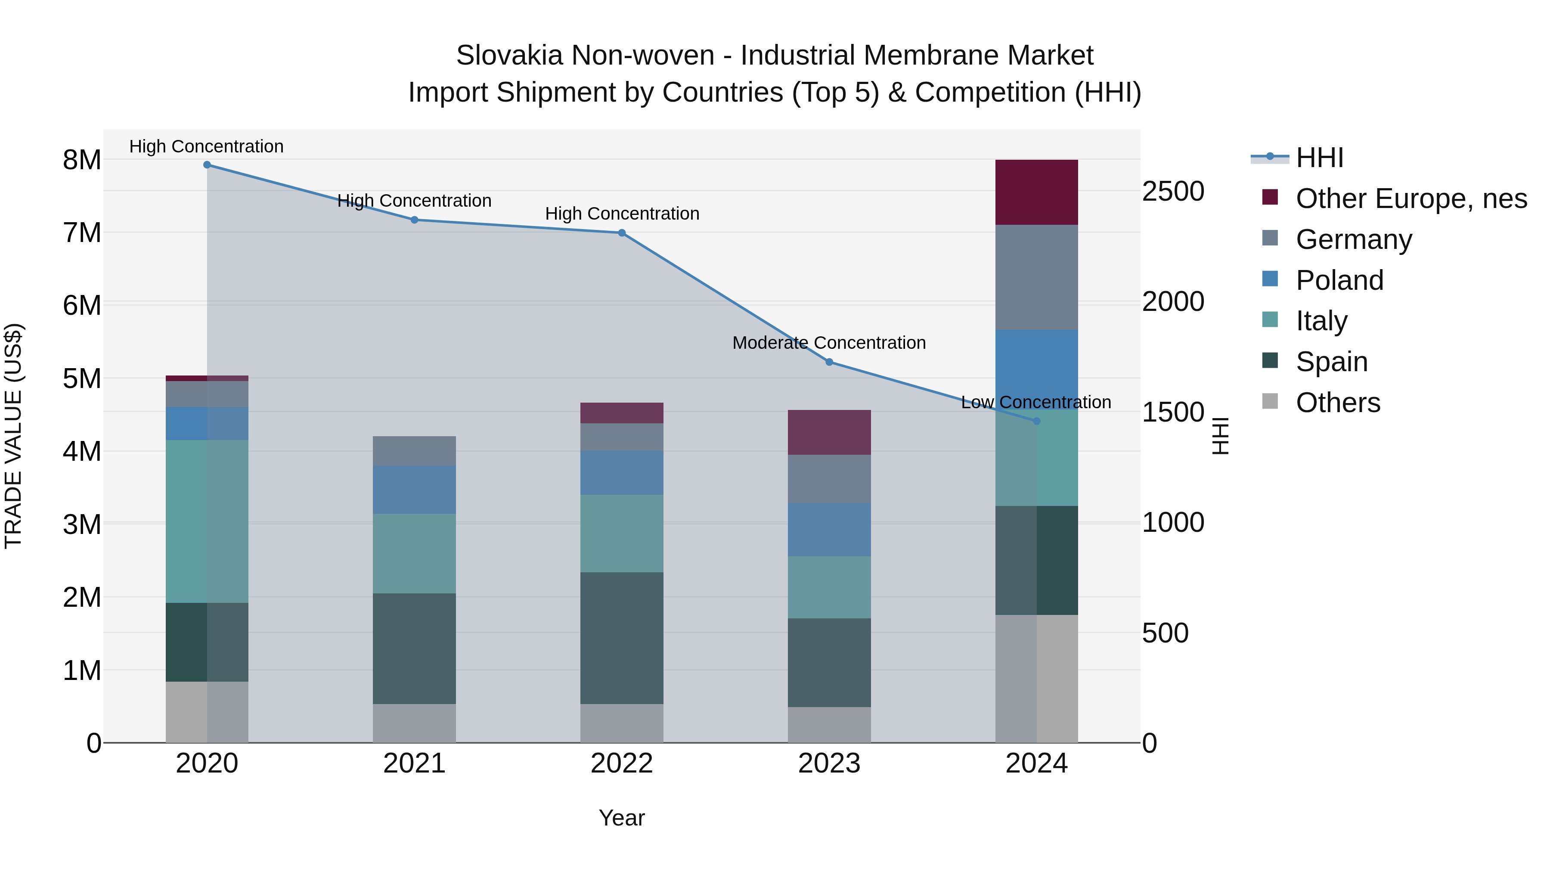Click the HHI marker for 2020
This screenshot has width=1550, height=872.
point(207,165)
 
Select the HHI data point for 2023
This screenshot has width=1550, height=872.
point(829,362)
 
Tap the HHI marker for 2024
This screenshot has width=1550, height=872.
point(1036,421)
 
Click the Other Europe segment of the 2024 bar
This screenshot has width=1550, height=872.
point(1036,192)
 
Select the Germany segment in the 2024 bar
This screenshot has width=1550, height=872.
point(1036,277)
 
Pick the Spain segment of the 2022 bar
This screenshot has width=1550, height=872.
point(622,638)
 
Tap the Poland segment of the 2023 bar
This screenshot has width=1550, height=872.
point(829,530)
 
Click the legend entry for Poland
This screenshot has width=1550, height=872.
point(1339,280)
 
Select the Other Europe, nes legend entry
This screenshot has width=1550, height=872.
point(1411,199)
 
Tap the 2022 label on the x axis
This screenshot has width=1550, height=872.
point(622,763)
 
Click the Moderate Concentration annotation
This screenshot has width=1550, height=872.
point(829,343)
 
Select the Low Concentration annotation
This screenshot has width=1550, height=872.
point(1036,402)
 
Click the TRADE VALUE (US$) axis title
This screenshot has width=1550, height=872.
point(13,436)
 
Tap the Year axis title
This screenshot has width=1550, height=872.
point(622,818)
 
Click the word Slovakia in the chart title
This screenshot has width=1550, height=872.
point(509,56)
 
